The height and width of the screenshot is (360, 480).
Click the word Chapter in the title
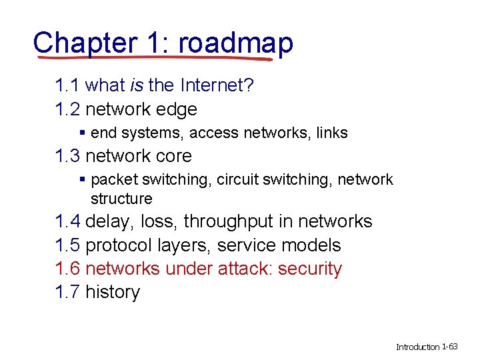coord(83,43)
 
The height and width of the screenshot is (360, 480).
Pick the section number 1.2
coord(68,109)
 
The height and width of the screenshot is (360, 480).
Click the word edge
coord(176,109)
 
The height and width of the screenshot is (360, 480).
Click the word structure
coord(121,199)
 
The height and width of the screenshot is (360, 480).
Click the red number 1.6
coord(68,269)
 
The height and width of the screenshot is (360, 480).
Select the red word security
coord(310,269)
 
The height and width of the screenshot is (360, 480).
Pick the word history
coord(113,292)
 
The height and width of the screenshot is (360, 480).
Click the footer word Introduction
coord(418,347)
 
